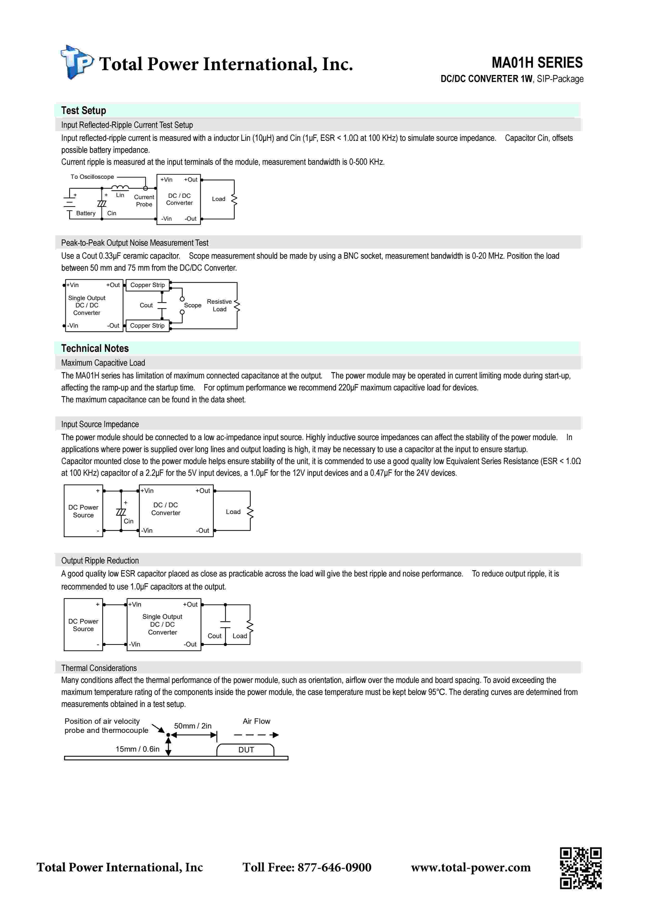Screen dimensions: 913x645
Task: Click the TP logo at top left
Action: [77, 62]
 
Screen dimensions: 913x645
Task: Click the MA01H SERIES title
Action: [537, 63]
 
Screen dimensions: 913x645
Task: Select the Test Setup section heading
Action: [84, 111]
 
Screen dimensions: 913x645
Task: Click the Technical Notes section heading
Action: [95, 348]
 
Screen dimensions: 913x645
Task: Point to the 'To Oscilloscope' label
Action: [92, 177]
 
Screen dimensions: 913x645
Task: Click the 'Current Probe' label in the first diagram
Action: [144, 200]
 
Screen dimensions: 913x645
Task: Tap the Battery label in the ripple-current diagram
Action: [86, 213]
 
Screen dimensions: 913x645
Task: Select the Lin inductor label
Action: [120, 195]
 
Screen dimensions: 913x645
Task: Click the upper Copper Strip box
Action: [148, 285]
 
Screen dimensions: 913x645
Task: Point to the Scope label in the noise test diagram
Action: [193, 305]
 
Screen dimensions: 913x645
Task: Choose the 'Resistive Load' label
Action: [219, 305]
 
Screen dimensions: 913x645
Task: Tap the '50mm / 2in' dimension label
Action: [193, 726]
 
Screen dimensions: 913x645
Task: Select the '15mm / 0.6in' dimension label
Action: [137, 749]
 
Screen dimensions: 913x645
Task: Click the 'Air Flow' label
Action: [256, 721]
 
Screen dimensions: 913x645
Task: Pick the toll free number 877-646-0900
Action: [307, 867]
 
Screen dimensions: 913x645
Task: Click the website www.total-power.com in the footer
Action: [470, 867]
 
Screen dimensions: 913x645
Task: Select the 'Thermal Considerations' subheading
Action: [99, 668]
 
